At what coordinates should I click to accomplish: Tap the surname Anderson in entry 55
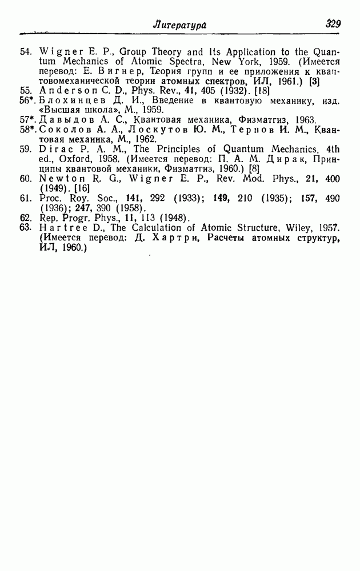[x=61, y=90]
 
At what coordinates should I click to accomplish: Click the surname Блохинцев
[x=69, y=100]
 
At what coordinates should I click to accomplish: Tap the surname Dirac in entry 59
[x=54, y=150]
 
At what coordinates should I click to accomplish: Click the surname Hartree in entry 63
[x=60, y=227]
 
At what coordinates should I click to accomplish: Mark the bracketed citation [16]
[x=81, y=188]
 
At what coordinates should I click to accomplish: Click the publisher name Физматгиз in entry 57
[x=250, y=120]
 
